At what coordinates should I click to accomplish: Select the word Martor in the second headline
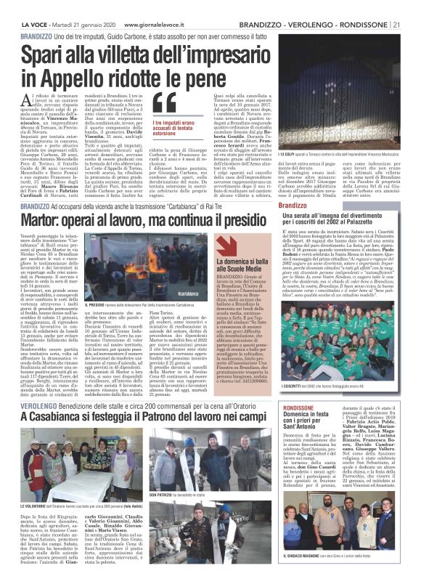[x=43, y=221]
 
